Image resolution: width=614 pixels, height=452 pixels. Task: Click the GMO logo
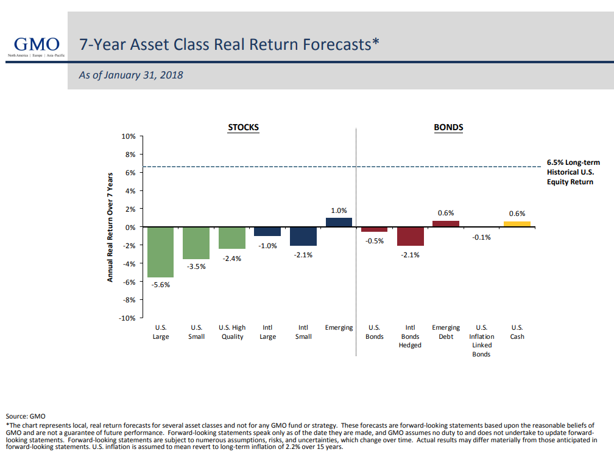pos(37,46)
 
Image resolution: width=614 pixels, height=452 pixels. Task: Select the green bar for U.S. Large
pos(160,252)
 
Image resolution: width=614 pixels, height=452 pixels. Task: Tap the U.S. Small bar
pos(196,243)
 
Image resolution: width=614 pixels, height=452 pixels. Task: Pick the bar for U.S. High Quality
pos(231,238)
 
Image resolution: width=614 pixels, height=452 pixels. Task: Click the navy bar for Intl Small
pos(303,236)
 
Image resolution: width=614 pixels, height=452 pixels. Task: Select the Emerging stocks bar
pos(339,222)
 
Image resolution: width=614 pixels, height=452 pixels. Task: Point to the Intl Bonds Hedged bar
pos(410,236)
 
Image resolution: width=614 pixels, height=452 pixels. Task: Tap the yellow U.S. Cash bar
pos(517,224)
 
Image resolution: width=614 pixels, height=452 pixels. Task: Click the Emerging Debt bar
pos(446,224)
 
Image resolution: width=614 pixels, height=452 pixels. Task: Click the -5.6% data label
pos(161,285)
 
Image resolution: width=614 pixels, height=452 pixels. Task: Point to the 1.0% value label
pos(339,210)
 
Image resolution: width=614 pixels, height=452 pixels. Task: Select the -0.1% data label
pos(481,237)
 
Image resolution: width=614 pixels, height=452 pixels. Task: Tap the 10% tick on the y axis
pos(128,136)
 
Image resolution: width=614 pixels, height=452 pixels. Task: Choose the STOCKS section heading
pos(243,128)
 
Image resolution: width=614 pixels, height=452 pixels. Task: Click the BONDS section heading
pos(448,128)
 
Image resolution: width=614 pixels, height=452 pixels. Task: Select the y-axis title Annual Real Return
pos(110,227)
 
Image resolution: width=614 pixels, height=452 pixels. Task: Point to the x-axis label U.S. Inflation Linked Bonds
pos(481,341)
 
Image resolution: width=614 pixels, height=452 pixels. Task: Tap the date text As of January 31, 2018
pos(131,75)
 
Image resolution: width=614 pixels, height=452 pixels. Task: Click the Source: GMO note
pos(26,416)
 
